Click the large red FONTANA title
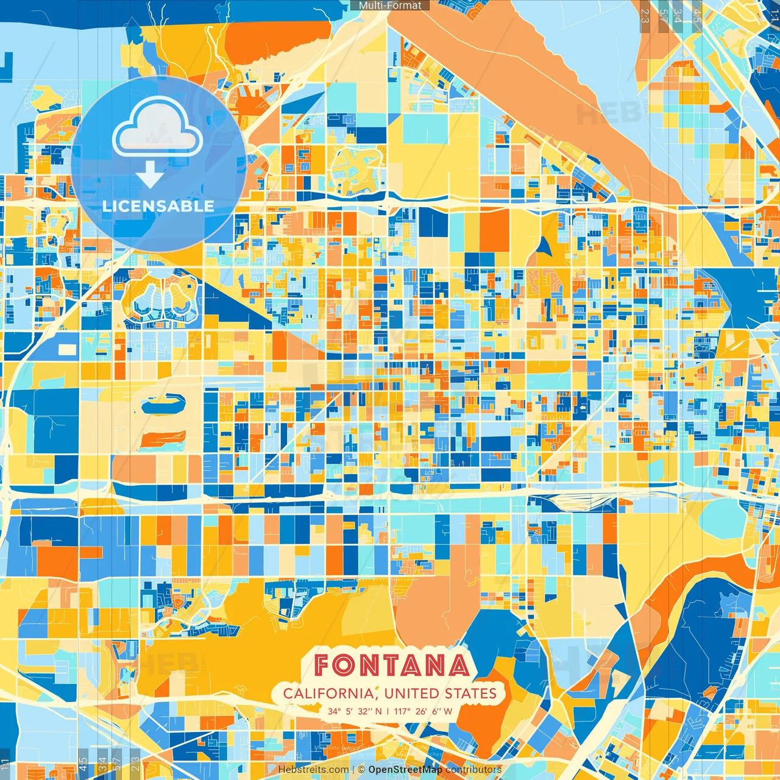(392, 665)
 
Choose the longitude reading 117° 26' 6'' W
(424, 711)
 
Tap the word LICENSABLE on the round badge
(158, 206)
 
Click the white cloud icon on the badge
(158, 128)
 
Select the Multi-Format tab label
(390, 5)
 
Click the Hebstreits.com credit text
(313, 770)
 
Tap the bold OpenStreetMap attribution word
(405, 770)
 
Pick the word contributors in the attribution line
(473, 770)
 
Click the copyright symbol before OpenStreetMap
(361, 770)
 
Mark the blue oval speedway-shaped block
(163, 406)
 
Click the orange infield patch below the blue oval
(163, 438)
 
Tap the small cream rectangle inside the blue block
(67, 349)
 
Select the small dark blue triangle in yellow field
(544, 247)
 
